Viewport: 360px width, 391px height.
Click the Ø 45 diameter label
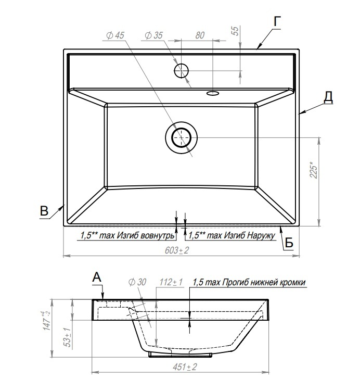pyautogui.click(x=115, y=35)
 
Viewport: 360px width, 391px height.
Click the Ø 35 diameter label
pyautogui.click(x=154, y=35)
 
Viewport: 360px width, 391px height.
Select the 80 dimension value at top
pyautogui.click(x=199, y=35)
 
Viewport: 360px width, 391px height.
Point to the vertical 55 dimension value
pyautogui.click(x=235, y=31)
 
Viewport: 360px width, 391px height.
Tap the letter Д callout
pyautogui.click(x=328, y=97)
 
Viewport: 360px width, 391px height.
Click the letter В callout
pyautogui.click(x=45, y=211)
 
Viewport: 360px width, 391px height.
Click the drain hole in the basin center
pyautogui.click(x=181, y=137)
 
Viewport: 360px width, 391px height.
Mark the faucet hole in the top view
pyautogui.click(x=182, y=70)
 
